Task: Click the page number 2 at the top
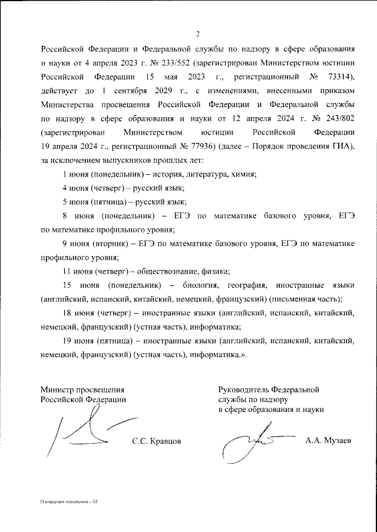point(198,33)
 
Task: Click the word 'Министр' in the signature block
point(57,389)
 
